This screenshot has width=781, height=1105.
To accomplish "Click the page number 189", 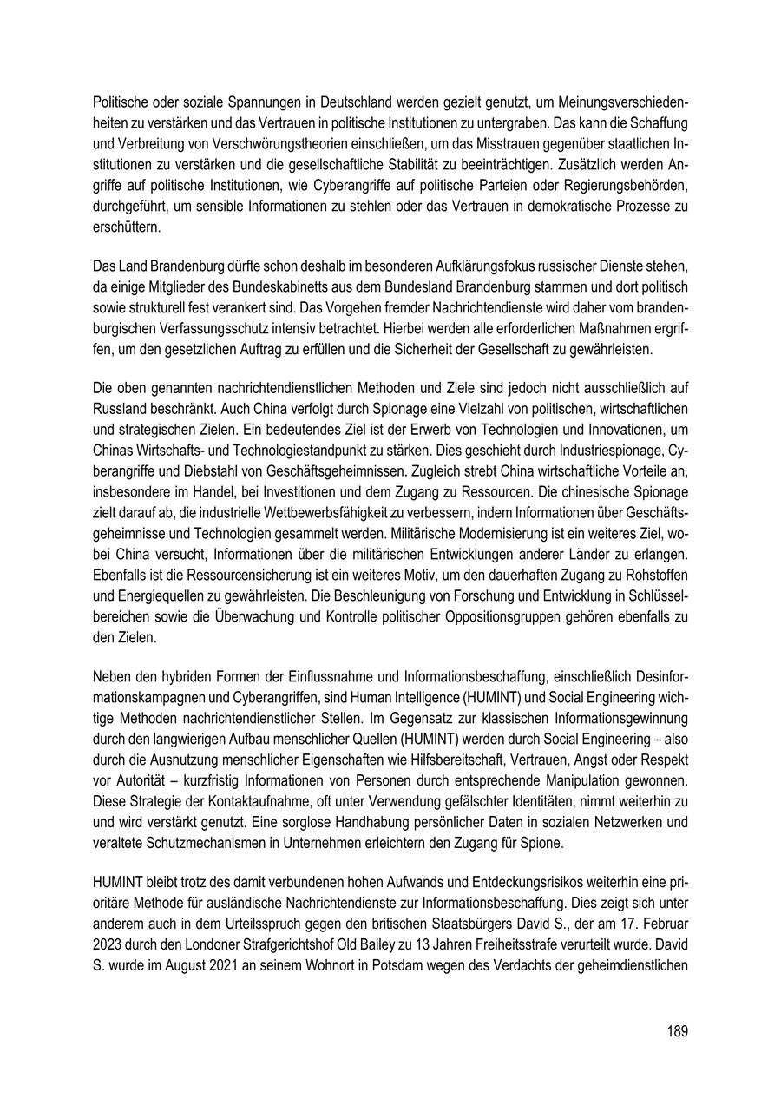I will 678,1031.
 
